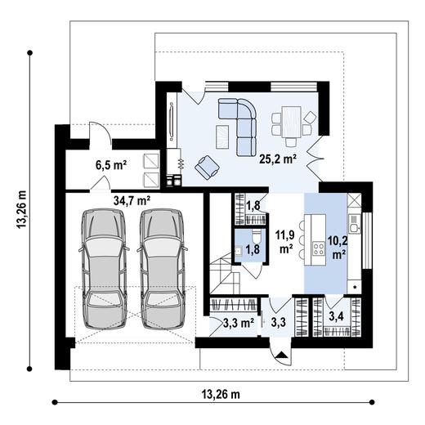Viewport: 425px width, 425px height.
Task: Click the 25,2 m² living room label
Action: [x=277, y=159]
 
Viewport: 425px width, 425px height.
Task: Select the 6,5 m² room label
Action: [x=111, y=164]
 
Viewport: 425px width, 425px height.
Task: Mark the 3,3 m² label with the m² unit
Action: [x=238, y=322]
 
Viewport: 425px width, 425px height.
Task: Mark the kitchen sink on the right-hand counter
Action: [x=354, y=218]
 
